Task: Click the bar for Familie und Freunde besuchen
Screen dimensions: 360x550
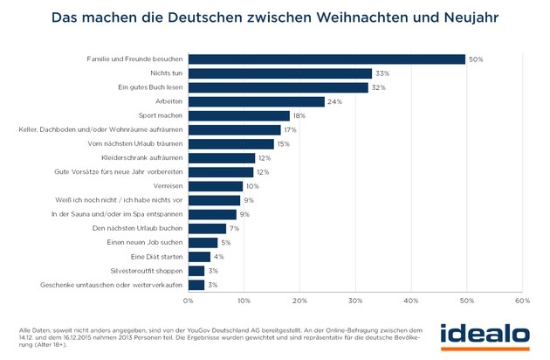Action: (327, 59)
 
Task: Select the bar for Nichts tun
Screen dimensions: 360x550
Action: (279, 73)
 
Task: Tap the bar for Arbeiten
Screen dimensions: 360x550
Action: (255, 101)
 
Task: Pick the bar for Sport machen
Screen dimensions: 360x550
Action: (238, 116)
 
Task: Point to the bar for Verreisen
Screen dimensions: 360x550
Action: (216, 186)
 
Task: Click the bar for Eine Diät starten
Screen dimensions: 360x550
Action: (199, 257)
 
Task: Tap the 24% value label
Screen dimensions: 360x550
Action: (333, 102)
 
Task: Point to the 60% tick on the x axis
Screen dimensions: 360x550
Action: (522, 301)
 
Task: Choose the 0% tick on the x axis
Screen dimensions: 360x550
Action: (188, 301)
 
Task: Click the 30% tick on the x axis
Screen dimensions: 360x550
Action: (355, 301)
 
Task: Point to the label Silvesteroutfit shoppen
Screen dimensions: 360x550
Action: (145, 271)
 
